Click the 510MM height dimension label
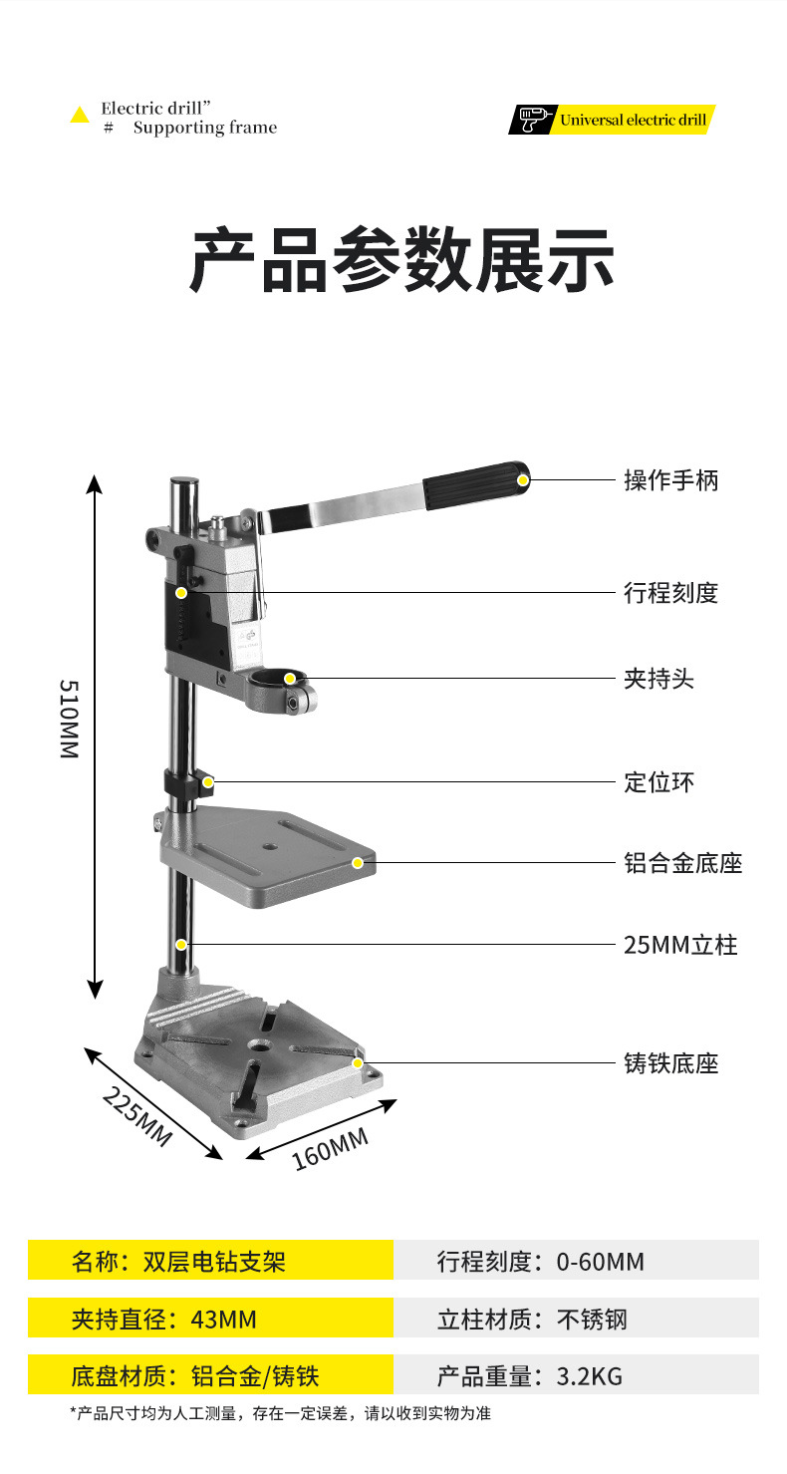69,719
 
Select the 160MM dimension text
330,1149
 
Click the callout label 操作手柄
670,480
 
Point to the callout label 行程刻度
670,593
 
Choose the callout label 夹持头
658,679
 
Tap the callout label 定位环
658,782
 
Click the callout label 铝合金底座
683,863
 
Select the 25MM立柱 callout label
680,945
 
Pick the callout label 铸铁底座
670,1063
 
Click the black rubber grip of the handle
476,485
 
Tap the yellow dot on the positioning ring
208,782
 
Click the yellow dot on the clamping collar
290,679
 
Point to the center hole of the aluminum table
268,845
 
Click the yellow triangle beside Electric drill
80,116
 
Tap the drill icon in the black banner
532,120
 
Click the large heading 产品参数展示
401,259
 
